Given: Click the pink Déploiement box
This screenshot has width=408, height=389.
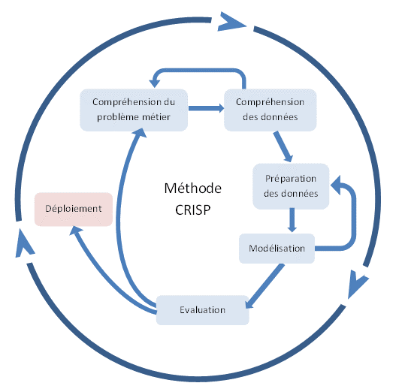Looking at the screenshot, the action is click(74, 210).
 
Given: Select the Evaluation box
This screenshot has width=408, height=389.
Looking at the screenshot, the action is click(202, 310).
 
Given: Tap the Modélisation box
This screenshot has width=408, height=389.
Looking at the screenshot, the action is click(277, 249).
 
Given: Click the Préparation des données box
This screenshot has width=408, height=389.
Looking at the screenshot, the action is click(291, 186).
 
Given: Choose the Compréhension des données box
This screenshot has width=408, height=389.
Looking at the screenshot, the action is click(270, 110).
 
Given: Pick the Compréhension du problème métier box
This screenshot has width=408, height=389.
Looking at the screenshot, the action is click(134, 110).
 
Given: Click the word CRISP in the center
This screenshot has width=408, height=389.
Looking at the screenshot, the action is click(193, 210).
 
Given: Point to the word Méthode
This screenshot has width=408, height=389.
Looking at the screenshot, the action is click(193, 188).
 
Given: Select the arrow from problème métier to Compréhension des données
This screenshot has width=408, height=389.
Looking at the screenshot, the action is click(206, 108).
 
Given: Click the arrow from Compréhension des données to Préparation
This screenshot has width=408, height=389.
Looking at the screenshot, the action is click(283, 146).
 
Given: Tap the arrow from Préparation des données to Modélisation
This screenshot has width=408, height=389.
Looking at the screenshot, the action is click(292, 220).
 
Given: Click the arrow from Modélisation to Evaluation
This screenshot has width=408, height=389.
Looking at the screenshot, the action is click(265, 286).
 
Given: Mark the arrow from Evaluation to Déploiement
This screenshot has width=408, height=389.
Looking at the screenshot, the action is click(104, 277).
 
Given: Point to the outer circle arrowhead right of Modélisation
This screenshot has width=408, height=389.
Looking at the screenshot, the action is click(358, 284).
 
